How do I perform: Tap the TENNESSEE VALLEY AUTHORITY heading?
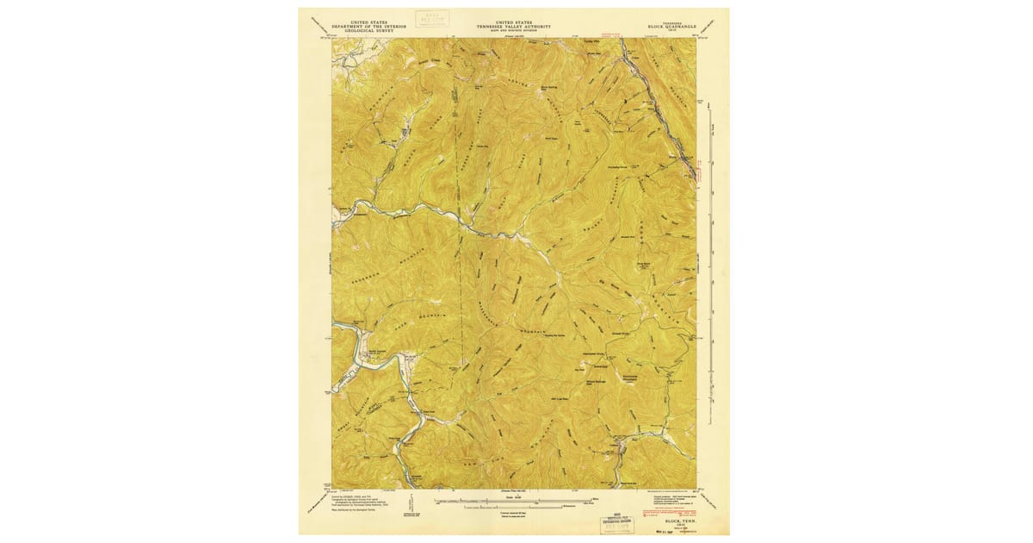pyautogui.click(x=516, y=26)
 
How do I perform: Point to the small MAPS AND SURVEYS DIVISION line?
pyautogui.click(x=516, y=30)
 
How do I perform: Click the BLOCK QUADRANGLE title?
pyautogui.click(x=671, y=27)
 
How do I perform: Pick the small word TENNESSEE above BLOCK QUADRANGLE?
pyautogui.click(x=671, y=22)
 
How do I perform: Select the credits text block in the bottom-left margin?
pyautogui.click(x=353, y=503)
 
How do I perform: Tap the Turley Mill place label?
pyautogui.click(x=591, y=41)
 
